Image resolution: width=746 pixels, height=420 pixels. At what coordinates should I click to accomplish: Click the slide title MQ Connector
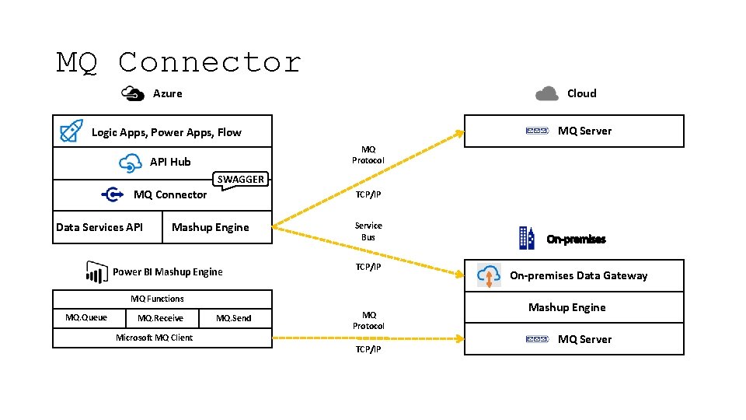[179, 62]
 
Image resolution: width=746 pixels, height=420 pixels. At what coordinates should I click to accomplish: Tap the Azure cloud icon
[133, 93]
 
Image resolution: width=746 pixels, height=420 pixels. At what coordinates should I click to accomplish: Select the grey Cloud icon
[547, 93]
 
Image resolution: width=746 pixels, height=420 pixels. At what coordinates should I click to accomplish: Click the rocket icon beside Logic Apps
[71, 131]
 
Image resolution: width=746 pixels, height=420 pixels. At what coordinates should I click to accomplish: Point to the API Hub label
[169, 162]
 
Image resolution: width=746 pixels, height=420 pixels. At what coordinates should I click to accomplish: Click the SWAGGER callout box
[240, 180]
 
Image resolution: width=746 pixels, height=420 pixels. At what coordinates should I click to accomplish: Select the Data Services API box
[99, 227]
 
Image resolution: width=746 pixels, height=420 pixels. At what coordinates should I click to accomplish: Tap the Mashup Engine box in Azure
[211, 227]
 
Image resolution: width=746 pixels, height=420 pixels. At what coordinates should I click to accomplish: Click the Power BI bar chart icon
[96, 271]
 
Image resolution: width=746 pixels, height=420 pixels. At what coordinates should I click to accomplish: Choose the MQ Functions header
[157, 299]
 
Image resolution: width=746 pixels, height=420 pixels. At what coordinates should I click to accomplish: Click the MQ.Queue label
[86, 317]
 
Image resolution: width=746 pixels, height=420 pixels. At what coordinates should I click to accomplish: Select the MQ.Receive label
[160, 318]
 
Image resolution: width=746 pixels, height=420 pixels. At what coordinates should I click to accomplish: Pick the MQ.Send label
[233, 318]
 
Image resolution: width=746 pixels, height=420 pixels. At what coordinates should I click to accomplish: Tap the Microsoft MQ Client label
[154, 338]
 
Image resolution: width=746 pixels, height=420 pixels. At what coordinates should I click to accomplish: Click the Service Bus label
[368, 231]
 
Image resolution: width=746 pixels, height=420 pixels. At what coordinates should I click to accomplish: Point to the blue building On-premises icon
[527, 238]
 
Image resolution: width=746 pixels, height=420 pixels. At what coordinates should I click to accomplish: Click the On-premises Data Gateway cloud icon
[489, 275]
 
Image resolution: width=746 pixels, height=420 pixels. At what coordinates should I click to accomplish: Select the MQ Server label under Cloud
[584, 131]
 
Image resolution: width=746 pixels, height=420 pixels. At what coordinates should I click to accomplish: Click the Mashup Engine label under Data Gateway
[566, 307]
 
